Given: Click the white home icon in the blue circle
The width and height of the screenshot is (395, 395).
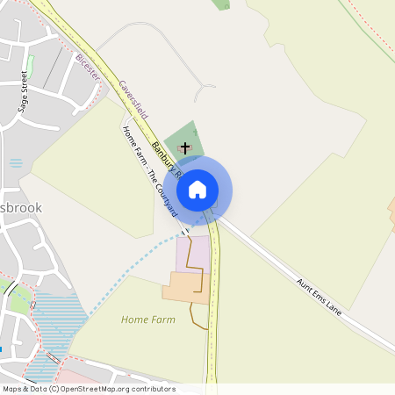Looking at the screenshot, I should pos(197,189).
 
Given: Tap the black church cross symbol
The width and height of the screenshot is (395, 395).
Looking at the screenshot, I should pos(185,148).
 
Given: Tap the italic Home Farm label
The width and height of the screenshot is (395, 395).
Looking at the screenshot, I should pos(148,320).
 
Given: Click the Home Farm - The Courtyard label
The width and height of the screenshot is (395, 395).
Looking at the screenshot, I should pos(150,171).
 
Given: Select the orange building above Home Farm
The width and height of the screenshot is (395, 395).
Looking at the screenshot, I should pos(183,288).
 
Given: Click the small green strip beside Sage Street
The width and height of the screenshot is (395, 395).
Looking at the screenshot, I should pos(29,66).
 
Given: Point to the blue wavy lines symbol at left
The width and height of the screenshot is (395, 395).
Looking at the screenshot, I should pos(16,162).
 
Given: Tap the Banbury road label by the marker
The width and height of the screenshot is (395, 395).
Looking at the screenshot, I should pos(165,158).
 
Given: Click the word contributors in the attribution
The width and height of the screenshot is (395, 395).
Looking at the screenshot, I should pos(154,388).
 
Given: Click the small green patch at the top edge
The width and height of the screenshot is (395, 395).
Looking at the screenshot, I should pos(221,4).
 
